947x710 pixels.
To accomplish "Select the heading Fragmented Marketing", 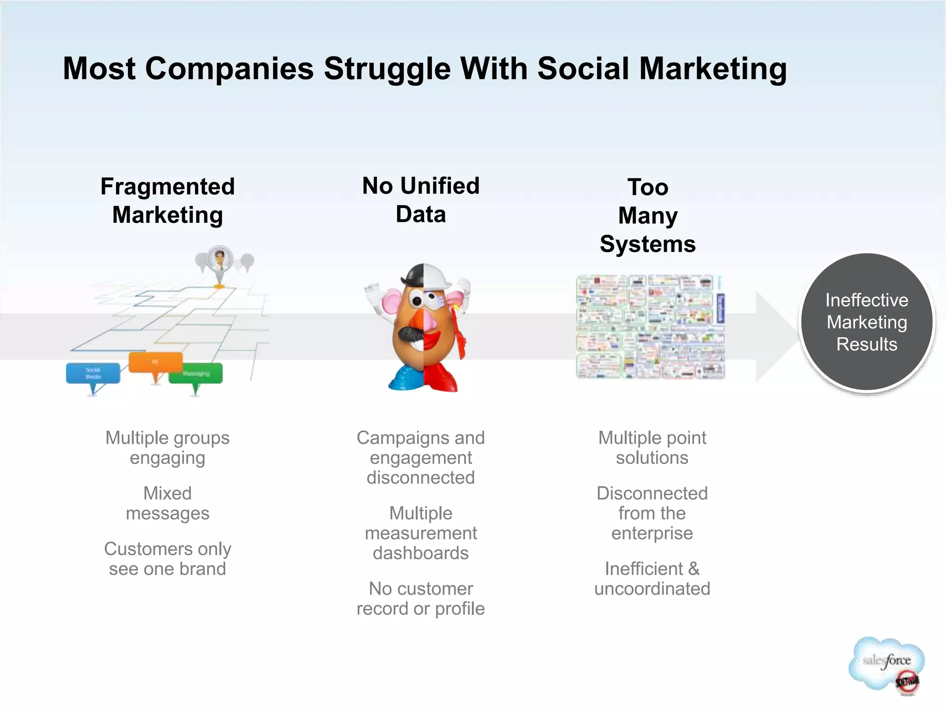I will click(167, 201).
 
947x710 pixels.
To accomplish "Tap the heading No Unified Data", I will click(421, 200).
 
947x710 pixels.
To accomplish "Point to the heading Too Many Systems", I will click(647, 215).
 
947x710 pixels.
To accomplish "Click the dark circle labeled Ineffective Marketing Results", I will click(867, 322).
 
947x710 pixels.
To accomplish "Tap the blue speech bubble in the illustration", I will click(93, 373).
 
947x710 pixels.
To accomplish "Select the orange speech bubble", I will click(155, 362).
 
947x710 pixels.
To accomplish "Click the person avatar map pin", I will click(220, 260).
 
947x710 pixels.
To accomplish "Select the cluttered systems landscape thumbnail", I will click(650, 327).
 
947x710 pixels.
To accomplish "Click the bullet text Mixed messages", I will click(167, 503).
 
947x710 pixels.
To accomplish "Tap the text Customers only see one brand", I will click(167, 558).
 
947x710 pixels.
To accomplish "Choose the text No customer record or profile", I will click(421, 599).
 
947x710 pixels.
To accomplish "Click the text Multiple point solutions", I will click(652, 447).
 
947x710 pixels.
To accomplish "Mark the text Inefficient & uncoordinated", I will click(652, 578).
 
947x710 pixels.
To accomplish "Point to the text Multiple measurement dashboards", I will click(421, 533).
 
